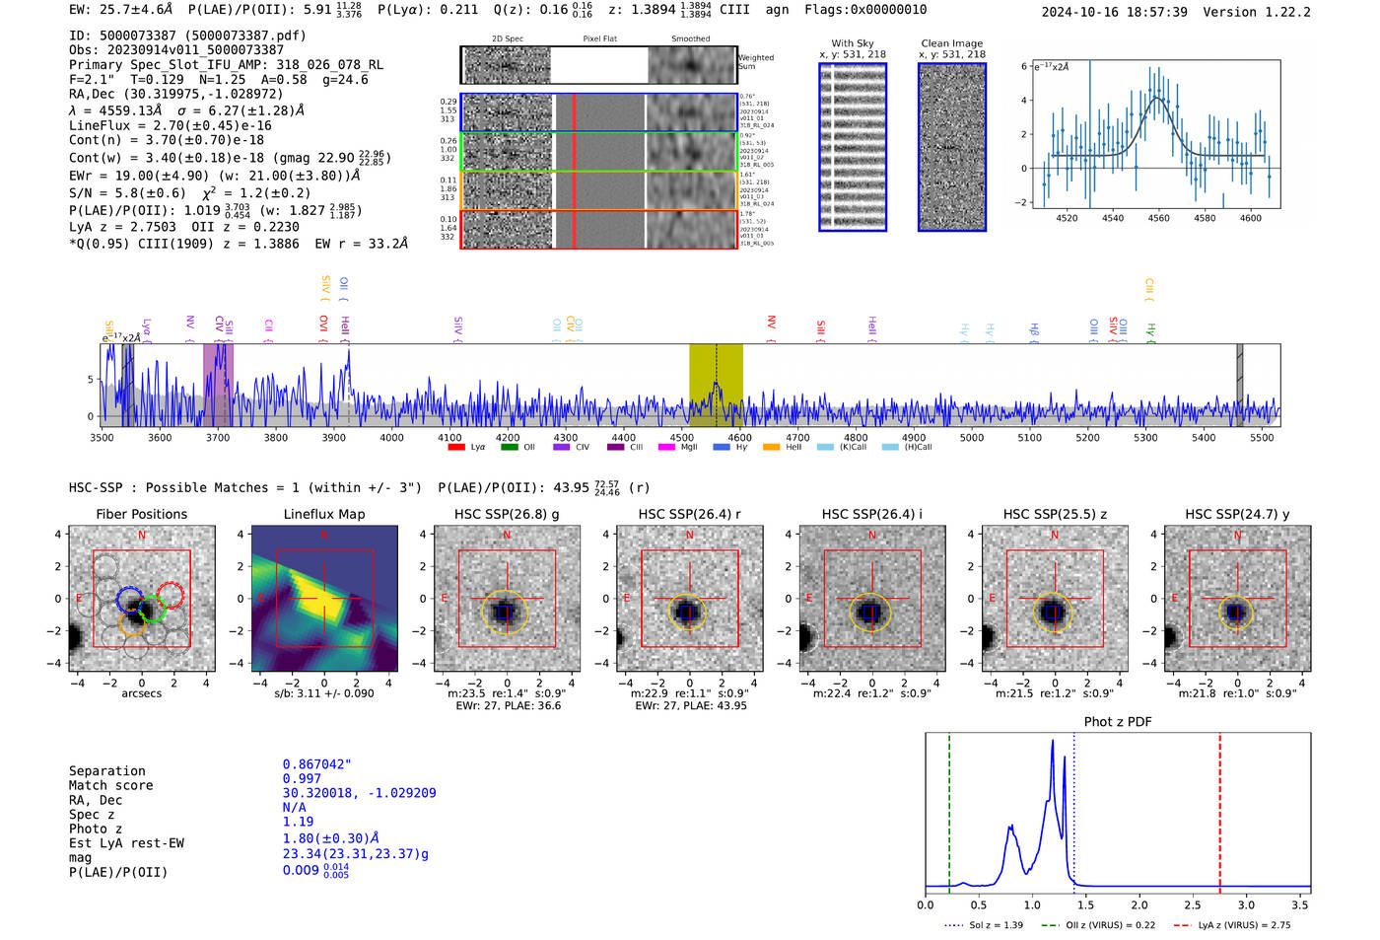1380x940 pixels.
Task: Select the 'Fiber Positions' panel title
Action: pos(141,514)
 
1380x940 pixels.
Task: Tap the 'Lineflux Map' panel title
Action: pos(324,514)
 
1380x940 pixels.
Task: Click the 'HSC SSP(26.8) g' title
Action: pos(507,514)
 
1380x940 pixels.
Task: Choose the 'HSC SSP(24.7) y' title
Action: pos(1237,514)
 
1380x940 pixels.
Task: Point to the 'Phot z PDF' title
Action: pos(1118,722)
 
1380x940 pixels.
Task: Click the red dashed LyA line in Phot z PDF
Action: pos(1219,809)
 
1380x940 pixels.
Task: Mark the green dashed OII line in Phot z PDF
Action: pos(949,809)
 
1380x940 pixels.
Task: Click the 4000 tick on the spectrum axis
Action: pos(391,438)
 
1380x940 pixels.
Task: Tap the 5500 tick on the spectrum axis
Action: pos(1262,438)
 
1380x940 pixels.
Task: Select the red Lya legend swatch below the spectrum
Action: pos(456,448)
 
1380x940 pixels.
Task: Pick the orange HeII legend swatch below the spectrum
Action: pos(771,448)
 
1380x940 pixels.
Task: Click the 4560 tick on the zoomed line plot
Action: pos(1158,218)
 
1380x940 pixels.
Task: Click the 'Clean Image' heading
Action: pos(951,43)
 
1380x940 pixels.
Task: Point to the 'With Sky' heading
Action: pos(853,43)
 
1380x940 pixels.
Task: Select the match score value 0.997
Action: pos(302,779)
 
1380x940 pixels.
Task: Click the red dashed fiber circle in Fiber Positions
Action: pos(171,596)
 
